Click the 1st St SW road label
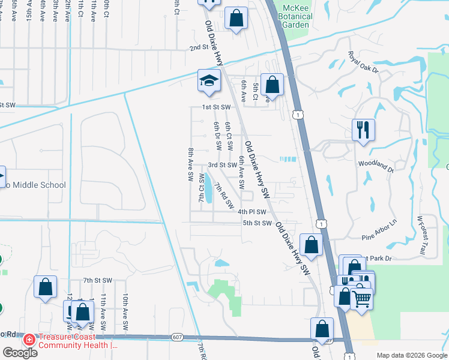click(x=216, y=107)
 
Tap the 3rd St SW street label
click(x=223, y=164)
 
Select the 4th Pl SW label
click(x=252, y=212)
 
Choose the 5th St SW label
click(x=258, y=223)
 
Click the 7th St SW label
click(x=98, y=280)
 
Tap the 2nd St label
click(x=198, y=47)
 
